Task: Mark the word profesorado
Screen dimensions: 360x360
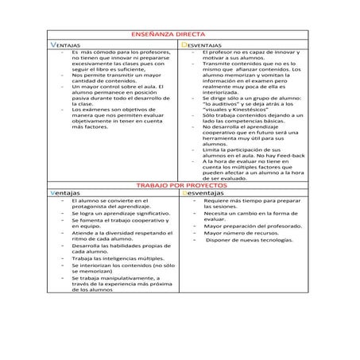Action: coord(279,226)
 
